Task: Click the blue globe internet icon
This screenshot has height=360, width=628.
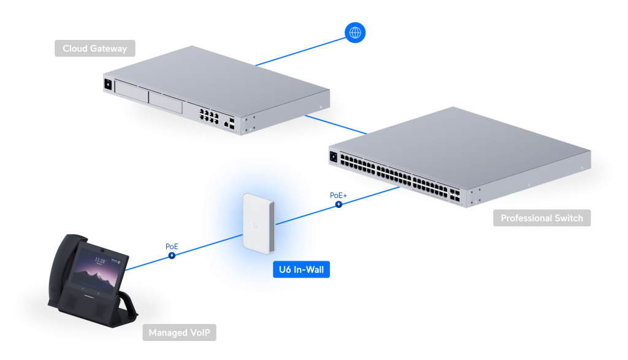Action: tap(354, 32)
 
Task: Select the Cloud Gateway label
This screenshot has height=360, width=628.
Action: tap(94, 48)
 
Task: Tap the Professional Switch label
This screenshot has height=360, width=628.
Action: tap(542, 218)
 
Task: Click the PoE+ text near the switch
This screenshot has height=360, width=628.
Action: tap(339, 195)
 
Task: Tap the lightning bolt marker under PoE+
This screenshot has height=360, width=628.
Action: tap(337, 204)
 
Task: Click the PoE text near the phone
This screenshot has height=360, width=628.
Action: tap(172, 247)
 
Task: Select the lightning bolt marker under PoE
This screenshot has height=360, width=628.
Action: tap(172, 255)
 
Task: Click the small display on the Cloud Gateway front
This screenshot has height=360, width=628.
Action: tap(109, 85)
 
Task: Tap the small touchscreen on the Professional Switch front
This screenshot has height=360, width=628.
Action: tap(334, 157)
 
